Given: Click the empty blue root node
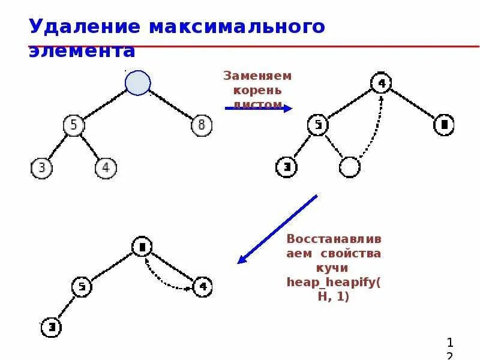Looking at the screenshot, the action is click(x=137, y=83).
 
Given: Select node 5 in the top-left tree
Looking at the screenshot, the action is click(x=73, y=125).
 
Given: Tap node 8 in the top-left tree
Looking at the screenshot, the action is click(x=201, y=125).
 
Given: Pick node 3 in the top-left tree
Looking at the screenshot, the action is click(x=41, y=167).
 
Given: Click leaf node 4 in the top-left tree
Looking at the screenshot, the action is click(x=106, y=167).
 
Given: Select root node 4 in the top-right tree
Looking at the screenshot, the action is click(x=381, y=83).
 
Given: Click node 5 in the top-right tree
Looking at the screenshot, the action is click(x=318, y=125).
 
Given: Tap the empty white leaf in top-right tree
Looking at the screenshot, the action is click(x=349, y=167).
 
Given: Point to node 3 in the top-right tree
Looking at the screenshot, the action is click(x=286, y=167).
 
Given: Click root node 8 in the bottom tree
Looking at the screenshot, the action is click(x=142, y=246).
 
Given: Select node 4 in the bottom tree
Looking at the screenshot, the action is click(x=202, y=287).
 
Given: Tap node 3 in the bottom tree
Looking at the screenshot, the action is click(x=51, y=328).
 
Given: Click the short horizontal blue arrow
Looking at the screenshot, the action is click(x=258, y=109).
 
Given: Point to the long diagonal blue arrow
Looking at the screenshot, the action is click(x=277, y=229).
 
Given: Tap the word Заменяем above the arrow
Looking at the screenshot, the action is click(x=257, y=76).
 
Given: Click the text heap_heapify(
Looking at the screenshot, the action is click(x=334, y=281).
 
